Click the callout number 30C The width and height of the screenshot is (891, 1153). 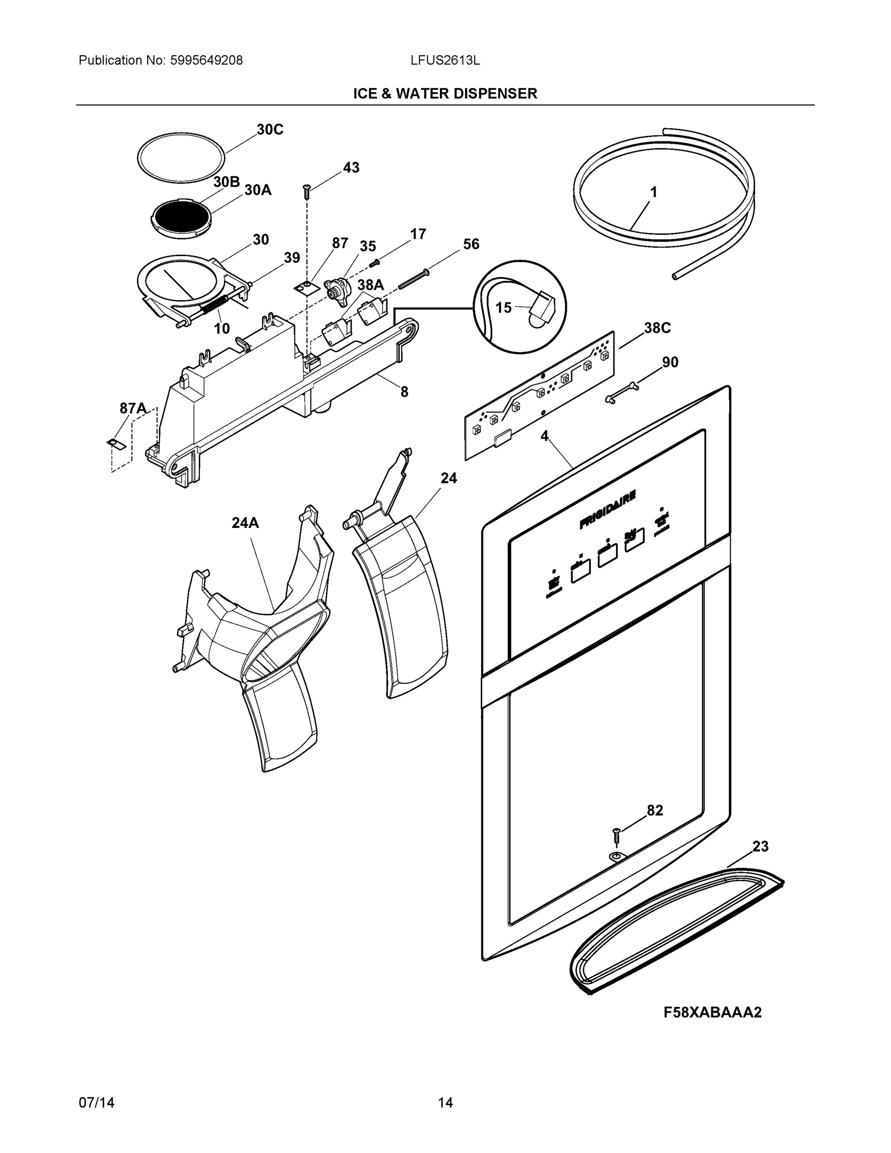(270, 129)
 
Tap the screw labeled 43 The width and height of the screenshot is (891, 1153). (306, 191)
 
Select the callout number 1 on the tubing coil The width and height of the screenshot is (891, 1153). (653, 192)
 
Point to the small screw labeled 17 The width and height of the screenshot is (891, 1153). (375, 262)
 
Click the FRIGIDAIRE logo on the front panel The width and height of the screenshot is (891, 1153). (607, 509)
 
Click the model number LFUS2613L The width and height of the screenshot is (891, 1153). (445, 61)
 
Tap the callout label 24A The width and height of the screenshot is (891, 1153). (245, 523)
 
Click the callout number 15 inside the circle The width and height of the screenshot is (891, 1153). (503, 307)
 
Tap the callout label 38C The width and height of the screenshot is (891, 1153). (657, 329)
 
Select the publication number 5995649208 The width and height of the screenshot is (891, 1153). (207, 61)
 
